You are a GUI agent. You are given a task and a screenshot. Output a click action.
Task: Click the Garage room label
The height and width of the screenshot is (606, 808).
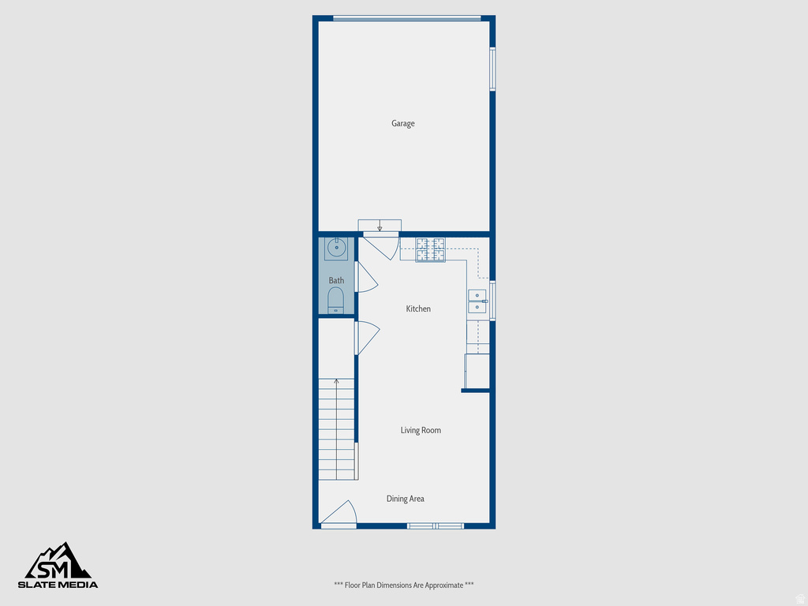(402, 123)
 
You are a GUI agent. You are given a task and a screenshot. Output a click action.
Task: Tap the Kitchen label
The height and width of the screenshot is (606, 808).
(418, 309)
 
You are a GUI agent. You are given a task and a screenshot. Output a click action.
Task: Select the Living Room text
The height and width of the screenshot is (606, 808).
(421, 430)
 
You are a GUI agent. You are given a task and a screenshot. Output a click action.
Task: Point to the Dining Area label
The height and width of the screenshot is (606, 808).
(405, 499)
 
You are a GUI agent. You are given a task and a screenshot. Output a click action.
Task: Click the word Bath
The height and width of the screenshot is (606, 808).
(336, 280)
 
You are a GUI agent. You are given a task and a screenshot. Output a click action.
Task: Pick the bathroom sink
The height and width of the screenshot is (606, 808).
(337, 249)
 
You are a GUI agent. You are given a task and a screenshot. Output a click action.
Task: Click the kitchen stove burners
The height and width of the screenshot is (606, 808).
(431, 249)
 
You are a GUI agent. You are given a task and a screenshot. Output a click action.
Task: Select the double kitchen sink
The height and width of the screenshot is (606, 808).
(477, 301)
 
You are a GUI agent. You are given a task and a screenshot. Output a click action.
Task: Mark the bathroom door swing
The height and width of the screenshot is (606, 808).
(366, 277)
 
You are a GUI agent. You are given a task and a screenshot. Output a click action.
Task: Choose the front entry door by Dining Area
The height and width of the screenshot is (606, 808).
(340, 514)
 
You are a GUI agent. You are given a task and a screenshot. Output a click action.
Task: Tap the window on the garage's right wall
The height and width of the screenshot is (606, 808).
(492, 69)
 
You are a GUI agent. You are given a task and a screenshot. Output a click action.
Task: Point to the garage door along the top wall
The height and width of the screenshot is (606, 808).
(406, 18)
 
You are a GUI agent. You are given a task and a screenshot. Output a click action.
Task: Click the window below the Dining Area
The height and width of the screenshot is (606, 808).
(435, 525)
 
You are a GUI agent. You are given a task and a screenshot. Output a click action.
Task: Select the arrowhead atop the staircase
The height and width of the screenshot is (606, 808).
(337, 382)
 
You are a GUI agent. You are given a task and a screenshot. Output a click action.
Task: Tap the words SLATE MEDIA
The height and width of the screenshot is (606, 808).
(58, 585)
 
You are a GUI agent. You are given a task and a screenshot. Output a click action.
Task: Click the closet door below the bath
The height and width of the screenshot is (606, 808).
(366, 338)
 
